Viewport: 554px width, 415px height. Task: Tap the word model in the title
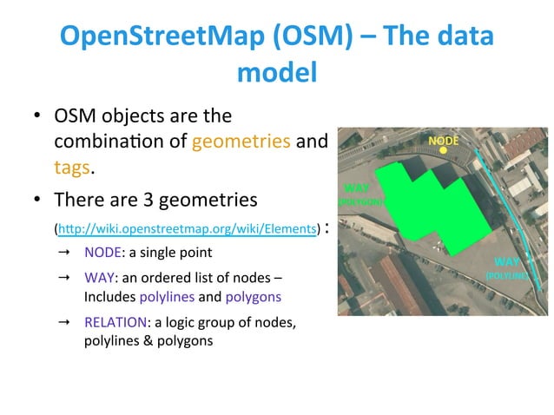(x=276, y=73)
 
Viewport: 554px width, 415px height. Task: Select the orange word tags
(x=73, y=166)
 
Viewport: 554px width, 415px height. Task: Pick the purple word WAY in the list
(x=100, y=279)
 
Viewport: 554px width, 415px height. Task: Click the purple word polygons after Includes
(x=253, y=296)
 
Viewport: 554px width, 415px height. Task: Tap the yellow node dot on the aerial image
(x=443, y=150)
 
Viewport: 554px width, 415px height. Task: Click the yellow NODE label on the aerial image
(x=444, y=138)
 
